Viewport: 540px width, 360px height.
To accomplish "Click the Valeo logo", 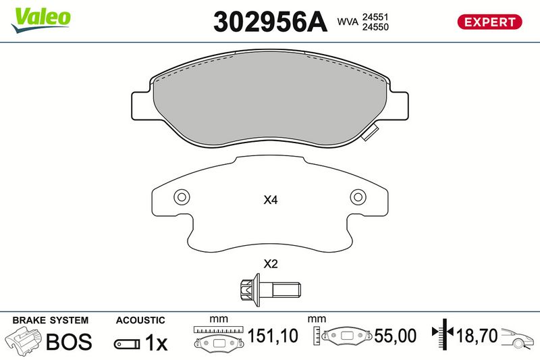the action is tap(40, 20).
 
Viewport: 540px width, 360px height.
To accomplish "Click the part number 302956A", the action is tap(270, 22).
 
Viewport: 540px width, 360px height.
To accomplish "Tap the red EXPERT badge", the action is tap(489, 22).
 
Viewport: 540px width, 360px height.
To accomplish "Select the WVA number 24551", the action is tap(375, 17).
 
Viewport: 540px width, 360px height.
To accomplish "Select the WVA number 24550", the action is tap(375, 27).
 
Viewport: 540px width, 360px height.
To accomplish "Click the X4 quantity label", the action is tap(271, 200).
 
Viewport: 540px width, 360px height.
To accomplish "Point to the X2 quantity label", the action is tap(271, 264).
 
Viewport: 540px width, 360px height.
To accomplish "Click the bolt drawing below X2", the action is tap(270, 290).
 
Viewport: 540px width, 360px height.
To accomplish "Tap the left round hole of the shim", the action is tap(182, 197).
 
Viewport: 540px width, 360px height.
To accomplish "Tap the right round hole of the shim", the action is tap(358, 197).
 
